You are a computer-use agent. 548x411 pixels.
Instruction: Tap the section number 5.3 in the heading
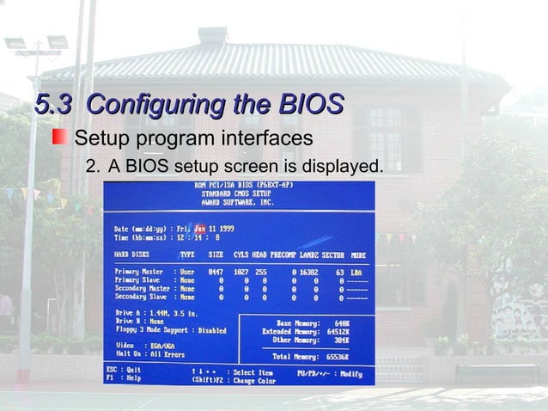[54, 106]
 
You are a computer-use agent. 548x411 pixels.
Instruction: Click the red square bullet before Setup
[58, 138]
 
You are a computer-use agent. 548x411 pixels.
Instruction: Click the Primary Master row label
[139, 272]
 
